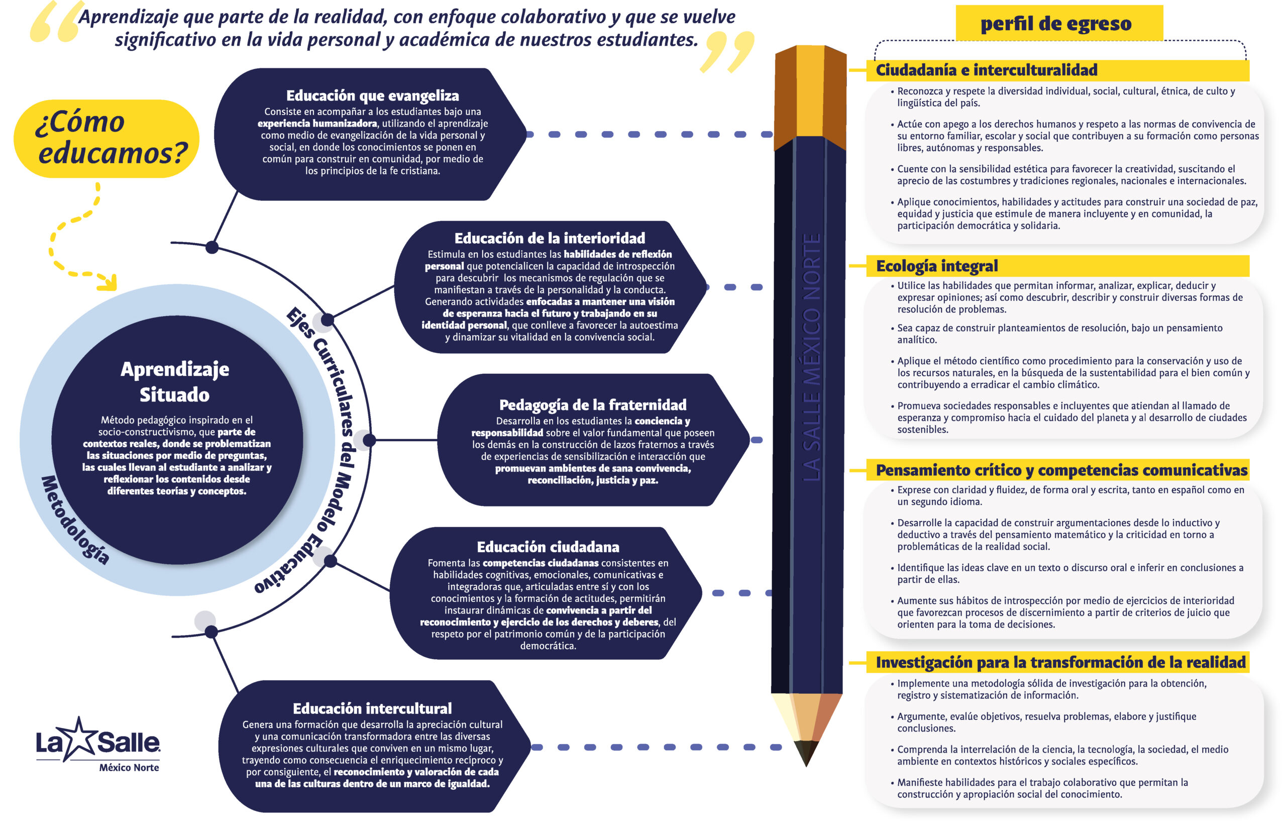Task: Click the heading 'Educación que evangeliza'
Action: click(x=372, y=96)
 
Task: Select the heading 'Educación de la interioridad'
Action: click(x=550, y=238)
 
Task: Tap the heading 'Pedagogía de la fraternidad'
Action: click(x=592, y=405)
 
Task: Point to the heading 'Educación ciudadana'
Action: click(x=548, y=547)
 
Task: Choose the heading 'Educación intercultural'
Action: click(x=372, y=709)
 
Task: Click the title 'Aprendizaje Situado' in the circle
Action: click(x=175, y=382)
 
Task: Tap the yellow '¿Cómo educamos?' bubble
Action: click(x=106, y=139)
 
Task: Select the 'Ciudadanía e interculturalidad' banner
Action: click(x=1057, y=70)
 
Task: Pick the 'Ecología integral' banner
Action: click(x=1057, y=266)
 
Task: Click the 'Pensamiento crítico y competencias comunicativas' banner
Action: click(x=1057, y=470)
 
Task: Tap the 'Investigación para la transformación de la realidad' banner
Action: click(x=1057, y=663)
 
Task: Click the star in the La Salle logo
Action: click(x=79, y=738)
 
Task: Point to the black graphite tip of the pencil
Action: click(x=806, y=751)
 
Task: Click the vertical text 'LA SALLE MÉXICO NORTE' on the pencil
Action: click(x=811, y=357)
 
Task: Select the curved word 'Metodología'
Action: click(x=75, y=520)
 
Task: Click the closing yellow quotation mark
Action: click(x=727, y=51)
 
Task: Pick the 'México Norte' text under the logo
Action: click(x=129, y=768)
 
